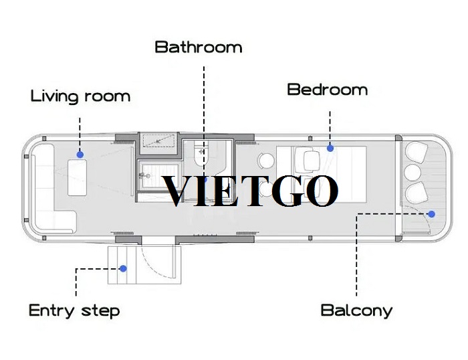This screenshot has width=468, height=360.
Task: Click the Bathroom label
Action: (x=199, y=48)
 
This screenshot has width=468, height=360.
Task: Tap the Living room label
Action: (x=81, y=96)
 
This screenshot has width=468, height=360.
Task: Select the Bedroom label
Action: (x=328, y=90)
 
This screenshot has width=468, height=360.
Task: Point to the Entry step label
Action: (x=74, y=310)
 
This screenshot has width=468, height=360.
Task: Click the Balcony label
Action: (x=356, y=310)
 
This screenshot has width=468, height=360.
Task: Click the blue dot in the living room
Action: (x=80, y=155)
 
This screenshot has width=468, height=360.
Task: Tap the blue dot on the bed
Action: (x=330, y=148)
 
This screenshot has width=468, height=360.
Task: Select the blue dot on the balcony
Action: (x=432, y=214)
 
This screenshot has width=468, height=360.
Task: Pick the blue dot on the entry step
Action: (x=123, y=268)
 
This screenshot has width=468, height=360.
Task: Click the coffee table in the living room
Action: (x=78, y=177)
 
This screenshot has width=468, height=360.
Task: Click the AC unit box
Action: (x=158, y=141)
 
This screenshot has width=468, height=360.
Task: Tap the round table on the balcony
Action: (x=413, y=173)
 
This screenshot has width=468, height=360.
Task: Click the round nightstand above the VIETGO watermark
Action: (x=266, y=161)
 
